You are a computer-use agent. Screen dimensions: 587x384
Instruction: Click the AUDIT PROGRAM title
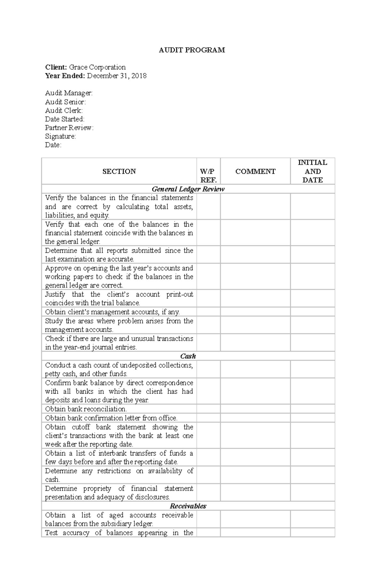click(x=192, y=50)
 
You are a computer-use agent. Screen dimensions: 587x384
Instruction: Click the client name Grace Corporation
click(x=97, y=67)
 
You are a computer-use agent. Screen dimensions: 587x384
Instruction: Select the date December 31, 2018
click(x=117, y=76)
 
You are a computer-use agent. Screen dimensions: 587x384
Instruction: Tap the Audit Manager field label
click(x=69, y=93)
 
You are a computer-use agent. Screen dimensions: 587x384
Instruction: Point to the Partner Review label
click(x=69, y=128)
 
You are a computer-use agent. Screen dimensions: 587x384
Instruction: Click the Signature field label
click(x=60, y=136)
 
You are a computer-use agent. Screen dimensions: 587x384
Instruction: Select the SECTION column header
click(x=119, y=171)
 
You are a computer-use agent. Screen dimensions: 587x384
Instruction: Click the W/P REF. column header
click(x=208, y=176)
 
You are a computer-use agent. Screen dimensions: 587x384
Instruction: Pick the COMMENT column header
click(x=255, y=171)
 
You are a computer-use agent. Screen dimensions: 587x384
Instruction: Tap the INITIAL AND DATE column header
click(x=312, y=171)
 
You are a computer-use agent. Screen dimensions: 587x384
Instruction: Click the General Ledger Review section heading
click(x=188, y=189)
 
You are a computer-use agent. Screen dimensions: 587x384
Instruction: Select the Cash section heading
click(x=188, y=356)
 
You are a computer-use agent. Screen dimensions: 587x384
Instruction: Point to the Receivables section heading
click(x=188, y=506)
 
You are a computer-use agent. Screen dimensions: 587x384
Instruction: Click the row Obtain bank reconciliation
click(x=86, y=409)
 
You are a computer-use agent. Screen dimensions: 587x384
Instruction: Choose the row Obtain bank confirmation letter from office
click(x=111, y=418)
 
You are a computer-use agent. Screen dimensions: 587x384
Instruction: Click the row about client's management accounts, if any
click(x=112, y=312)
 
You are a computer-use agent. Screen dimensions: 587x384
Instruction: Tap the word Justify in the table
click(x=55, y=294)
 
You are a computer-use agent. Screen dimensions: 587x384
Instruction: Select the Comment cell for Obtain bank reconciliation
click(x=255, y=409)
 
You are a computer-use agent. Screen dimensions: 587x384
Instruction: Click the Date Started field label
click(x=65, y=119)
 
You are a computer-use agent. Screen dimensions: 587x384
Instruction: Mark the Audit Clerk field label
click(x=64, y=110)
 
